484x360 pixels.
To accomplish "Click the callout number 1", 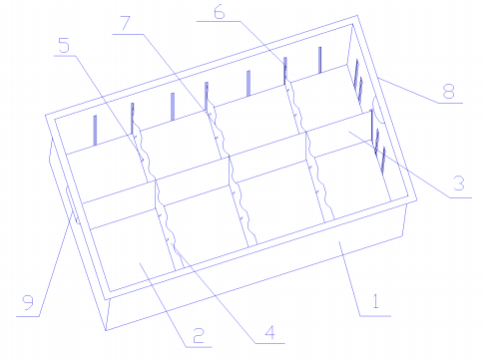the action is [x=375, y=301].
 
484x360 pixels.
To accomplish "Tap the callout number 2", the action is [x=199, y=335].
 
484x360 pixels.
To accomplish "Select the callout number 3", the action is [x=459, y=183].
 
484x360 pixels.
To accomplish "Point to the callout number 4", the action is [x=270, y=332].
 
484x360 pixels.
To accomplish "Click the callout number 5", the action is [x=64, y=45].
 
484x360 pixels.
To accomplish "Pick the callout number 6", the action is [x=220, y=12].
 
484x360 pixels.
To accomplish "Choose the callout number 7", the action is [x=126, y=23].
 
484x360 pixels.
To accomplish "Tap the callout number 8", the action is [x=449, y=91].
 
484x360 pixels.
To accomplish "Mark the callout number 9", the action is [x=28, y=302].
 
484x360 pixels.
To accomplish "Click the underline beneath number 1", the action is [x=375, y=316].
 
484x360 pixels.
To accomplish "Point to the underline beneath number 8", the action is [x=450, y=103].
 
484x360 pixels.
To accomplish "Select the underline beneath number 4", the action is [x=269, y=343].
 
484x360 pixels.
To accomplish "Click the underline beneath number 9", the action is [x=28, y=316].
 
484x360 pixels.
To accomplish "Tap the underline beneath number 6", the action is [x=219, y=21].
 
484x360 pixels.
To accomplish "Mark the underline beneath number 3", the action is [x=461, y=197].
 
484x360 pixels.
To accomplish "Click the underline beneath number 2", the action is [x=199, y=347].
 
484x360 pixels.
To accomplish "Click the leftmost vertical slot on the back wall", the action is [x=95, y=130].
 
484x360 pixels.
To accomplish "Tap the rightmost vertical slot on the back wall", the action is [x=320, y=60].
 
